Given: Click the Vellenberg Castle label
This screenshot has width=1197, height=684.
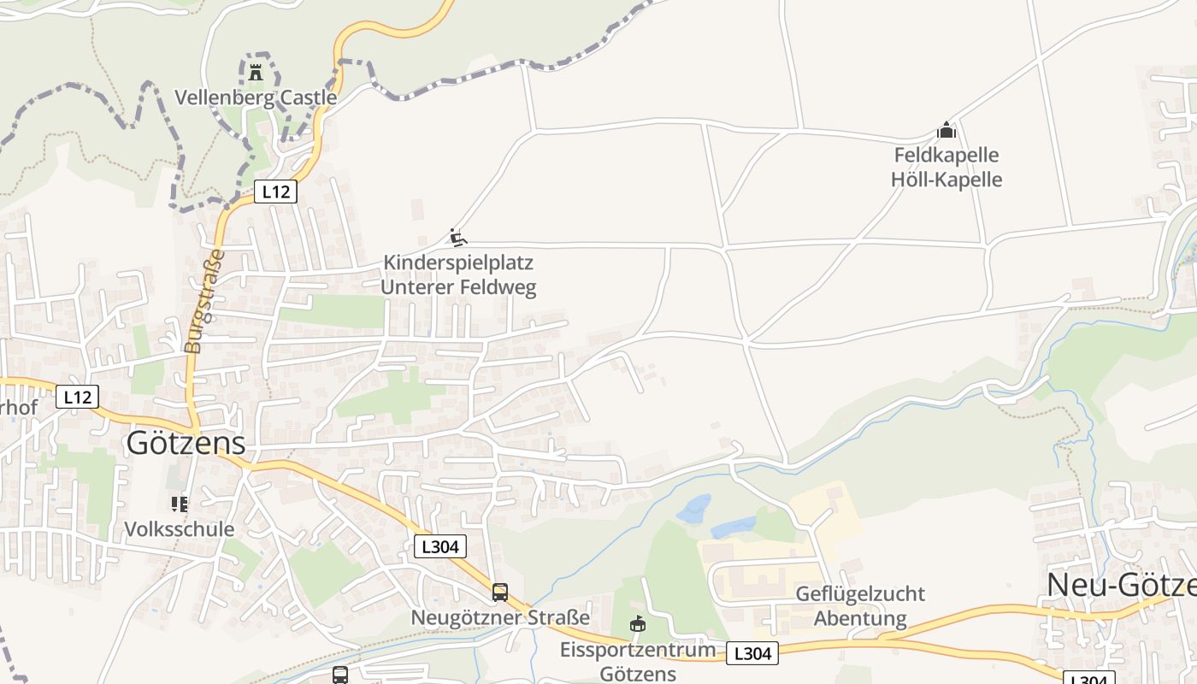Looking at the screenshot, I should tap(256, 97).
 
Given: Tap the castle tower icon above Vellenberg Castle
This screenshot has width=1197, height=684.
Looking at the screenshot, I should tap(256, 73).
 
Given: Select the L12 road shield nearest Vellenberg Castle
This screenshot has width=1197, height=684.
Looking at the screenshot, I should tap(275, 192).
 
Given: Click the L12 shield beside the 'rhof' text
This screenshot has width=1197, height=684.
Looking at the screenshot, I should tap(77, 397).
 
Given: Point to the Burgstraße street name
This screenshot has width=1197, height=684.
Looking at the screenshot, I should tap(203, 301).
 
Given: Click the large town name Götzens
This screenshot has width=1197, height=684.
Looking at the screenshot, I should tap(186, 443).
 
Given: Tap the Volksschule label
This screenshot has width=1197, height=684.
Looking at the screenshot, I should tap(180, 529).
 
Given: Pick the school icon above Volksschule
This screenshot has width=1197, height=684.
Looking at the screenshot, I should tap(180, 504).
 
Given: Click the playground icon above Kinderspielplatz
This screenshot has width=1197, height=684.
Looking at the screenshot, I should tap(458, 237).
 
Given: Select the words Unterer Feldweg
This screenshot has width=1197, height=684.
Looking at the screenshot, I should tap(458, 287).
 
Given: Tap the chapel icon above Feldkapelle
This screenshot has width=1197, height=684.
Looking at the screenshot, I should tap(946, 130).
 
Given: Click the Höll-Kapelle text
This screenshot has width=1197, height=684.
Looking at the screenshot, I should tap(946, 180).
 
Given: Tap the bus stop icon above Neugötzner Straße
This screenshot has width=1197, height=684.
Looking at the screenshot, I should tap(500, 592).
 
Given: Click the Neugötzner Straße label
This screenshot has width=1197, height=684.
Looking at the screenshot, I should tap(500, 617).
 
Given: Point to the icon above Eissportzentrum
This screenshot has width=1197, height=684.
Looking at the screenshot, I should tap(638, 625).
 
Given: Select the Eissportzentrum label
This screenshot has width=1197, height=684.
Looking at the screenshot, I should tap(638, 650).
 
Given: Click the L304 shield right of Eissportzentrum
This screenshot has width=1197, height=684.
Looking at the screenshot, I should tap(752, 654).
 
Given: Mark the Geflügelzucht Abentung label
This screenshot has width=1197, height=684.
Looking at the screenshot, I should tap(860, 605).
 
